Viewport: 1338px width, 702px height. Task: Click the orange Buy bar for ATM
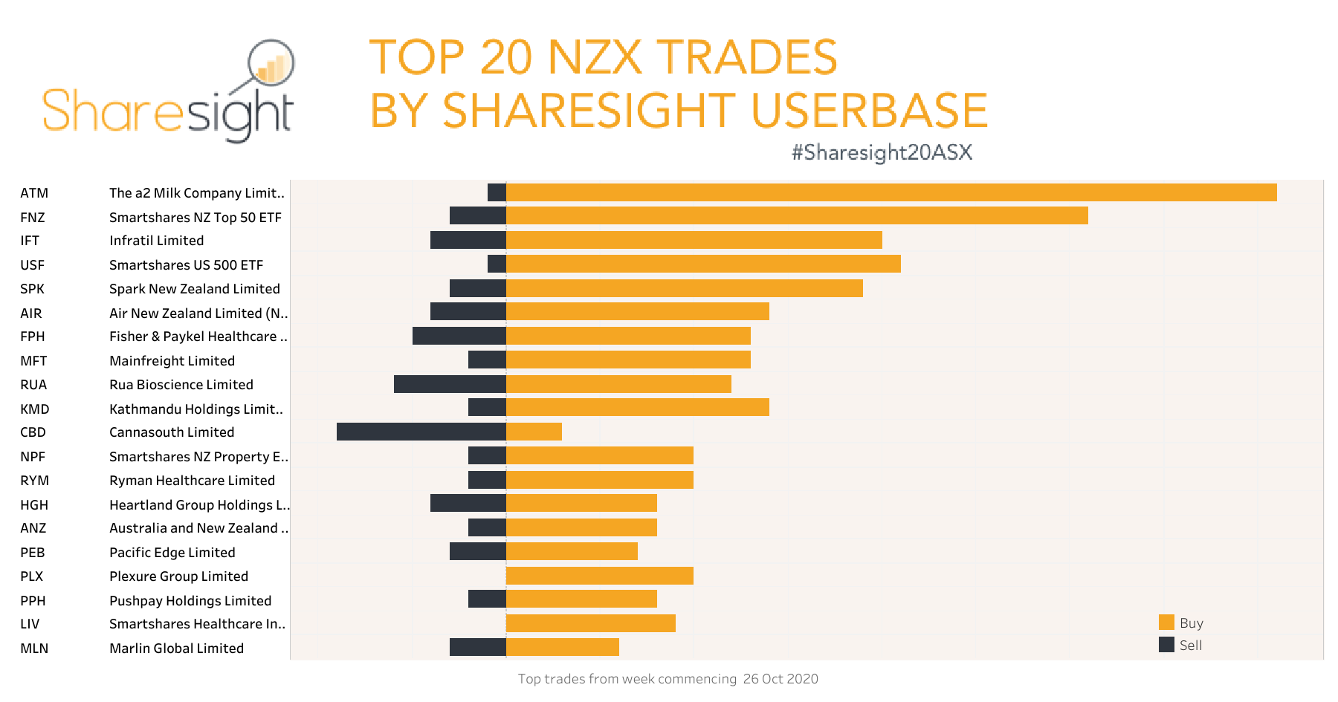pyautogui.click(x=891, y=192)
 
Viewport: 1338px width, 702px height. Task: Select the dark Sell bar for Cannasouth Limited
pyautogui.click(x=421, y=432)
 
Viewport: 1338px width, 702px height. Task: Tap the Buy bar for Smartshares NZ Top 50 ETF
pyautogui.click(x=797, y=215)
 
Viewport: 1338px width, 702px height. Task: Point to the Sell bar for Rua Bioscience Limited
pyautogui.click(x=450, y=384)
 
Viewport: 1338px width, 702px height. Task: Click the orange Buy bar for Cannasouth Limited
pyautogui.click(x=534, y=432)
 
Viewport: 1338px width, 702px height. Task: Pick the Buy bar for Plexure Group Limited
pyautogui.click(x=599, y=576)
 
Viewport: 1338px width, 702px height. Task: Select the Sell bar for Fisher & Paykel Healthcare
pyautogui.click(x=459, y=336)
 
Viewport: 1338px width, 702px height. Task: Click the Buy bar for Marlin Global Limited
pyautogui.click(x=562, y=647)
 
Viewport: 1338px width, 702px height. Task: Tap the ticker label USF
pyautogui.click(x=33, y=265)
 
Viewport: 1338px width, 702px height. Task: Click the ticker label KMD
pyautogui.click(x=35, y=409)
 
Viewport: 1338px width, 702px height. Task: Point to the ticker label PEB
pyautogui.click(x=33, y=553)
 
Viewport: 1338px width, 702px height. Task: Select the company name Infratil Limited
pyautogui.click(x=156, y=241)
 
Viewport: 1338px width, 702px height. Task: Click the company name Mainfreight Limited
pyautogui.click(x=172, y=361)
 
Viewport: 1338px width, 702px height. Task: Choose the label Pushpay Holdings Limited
pyautogui.click(x=190, y=601)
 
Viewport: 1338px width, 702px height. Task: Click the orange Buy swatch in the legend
pyautogui.click(x=1166, y=623)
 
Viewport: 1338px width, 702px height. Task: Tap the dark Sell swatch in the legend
pyautogui.click(x=1166, y=645)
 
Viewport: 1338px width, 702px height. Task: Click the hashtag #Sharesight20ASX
pyautogui.click(x=882, y=152)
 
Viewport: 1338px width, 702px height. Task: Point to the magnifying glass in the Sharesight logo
pyautogui.click(x=271, y=64)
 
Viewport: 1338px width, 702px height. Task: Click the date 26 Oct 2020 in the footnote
pyautogui.click(x=780, y=679)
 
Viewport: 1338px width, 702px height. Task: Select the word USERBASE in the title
pyautogui.click(x=869, y=111)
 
